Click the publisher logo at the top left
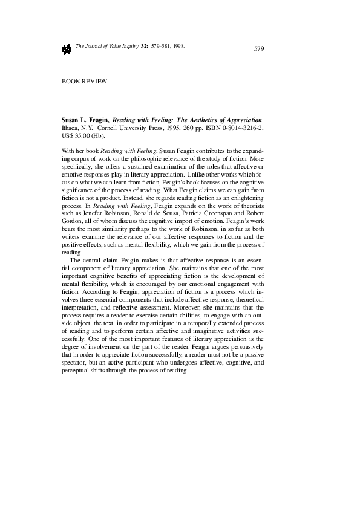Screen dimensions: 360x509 click(x=67, y=48)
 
